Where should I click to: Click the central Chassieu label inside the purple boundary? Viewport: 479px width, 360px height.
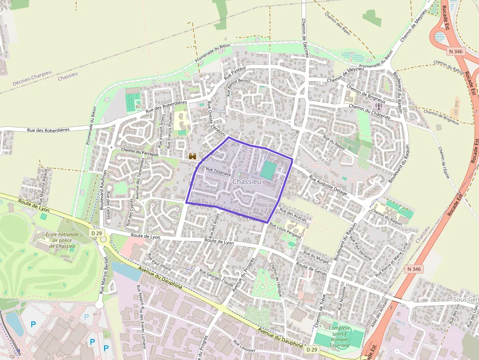[247, 181]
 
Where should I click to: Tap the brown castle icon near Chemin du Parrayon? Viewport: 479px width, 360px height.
[193, 156]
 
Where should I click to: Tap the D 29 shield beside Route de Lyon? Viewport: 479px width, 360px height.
[96, 233]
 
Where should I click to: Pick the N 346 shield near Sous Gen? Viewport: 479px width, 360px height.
[414, 269]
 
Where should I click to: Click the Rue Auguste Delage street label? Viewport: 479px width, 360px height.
[328, 186]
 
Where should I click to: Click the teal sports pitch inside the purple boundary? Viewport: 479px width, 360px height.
[268, 170]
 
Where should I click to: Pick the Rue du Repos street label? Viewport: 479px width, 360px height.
[334, 142]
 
